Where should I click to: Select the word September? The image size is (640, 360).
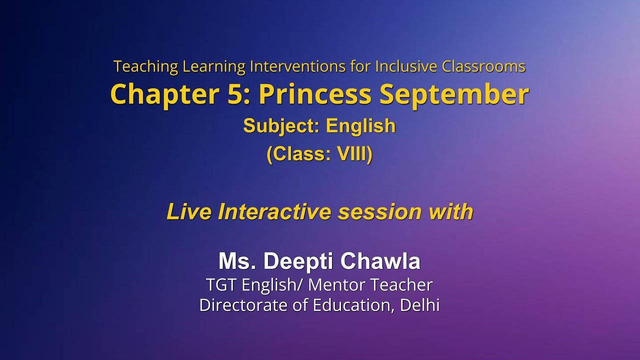coord(453,94)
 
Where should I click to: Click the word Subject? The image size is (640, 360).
coord(280,126)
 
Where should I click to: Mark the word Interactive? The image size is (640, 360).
coord(275,212)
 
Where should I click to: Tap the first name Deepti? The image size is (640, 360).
coord(299,261)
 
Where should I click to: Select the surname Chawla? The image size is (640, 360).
coord(380,261)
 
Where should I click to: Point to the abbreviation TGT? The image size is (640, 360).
coord(221,285)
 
